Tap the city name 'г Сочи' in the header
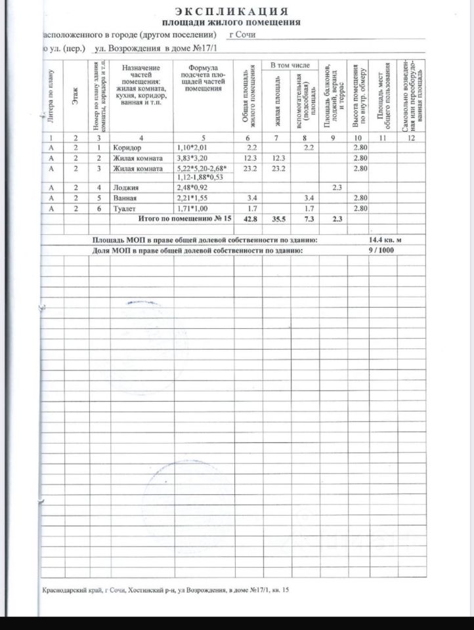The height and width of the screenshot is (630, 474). click(x=242, y=35)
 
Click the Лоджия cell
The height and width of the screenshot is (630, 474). click(x=125, y=188)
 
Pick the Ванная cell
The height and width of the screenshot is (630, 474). click(x=124, y=198)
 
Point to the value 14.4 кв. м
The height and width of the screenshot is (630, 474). click(x=391, y=240)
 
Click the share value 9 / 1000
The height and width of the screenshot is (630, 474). click(x=381, y=250)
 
